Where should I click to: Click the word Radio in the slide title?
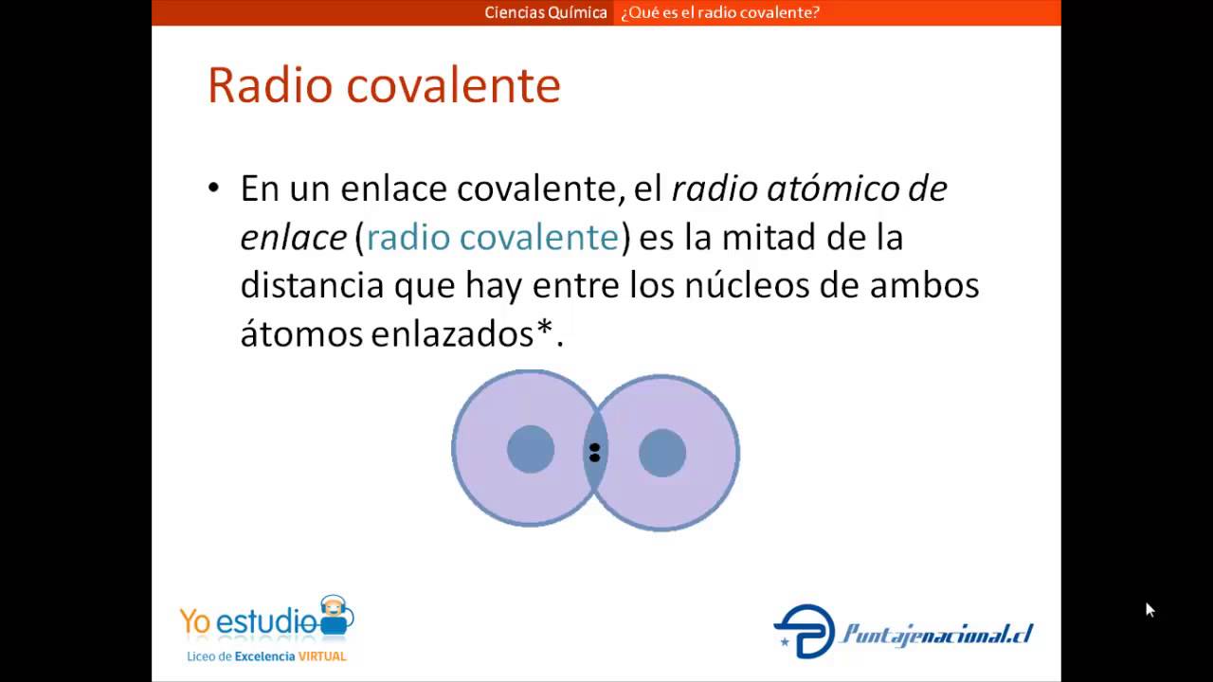click(x=270, y=85)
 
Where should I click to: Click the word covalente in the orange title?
click(x=453, y=85)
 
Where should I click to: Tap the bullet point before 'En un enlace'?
click(x=214, y=188)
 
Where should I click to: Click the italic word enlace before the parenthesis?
click(x=294, y=237)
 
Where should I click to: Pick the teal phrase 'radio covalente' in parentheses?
click(x=493, y=237)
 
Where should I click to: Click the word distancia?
click(x=312, y=285)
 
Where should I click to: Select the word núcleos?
click(x=748, y=285)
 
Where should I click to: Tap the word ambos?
click(x=924, y=285)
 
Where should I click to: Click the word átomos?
click(x=301, y=333)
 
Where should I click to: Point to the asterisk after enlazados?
click(x=544, y=327)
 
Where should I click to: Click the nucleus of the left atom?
click(x=531, y=449)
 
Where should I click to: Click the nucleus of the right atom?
click(x=662, y=453)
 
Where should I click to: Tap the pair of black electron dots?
click(x=594, y=453)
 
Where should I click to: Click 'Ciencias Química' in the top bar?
click(x=546, y=12)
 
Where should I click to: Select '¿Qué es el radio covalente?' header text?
click(x=720, y=12)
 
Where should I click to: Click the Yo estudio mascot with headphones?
click(x=335, y=615)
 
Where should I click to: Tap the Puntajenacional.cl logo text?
click(x=936, y=634)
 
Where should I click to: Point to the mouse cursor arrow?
click(x=1150, y=609)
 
